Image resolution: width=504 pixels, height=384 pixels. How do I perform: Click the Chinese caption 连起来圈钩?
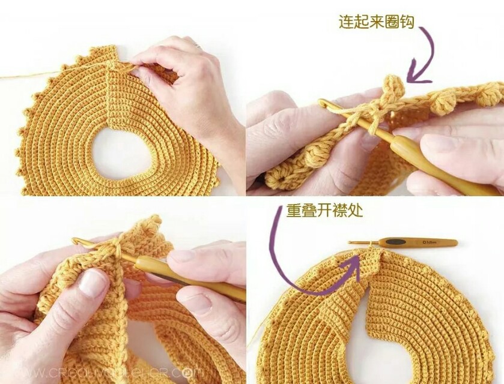[376, 23]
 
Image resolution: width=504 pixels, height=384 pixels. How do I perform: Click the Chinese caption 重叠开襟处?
[324, 211]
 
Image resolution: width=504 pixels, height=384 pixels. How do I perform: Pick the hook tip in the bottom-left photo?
[76, 242]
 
